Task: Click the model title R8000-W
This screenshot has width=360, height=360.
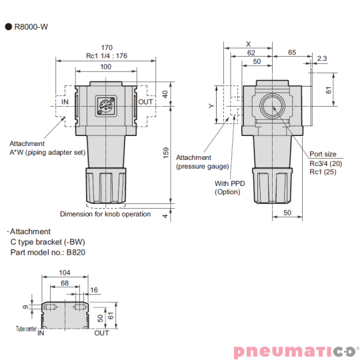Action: pos(31,27)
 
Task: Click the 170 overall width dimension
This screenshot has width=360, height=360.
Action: pos(107,47)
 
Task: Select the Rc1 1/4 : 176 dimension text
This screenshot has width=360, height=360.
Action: pos(107,56)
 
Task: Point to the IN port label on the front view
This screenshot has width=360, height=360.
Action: pos(65,102)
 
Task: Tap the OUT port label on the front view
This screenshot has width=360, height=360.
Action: pos(146,102)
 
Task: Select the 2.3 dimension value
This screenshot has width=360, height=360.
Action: pos(322,59)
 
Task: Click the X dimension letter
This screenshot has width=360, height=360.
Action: pos(248,42)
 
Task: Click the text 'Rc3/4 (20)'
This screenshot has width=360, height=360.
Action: pos(326,163)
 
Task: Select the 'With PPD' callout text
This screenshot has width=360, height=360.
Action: pos(229,183)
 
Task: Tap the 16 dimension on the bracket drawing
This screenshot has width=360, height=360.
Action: pos(93,291)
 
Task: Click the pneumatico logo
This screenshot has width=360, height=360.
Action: pos(295,351)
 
